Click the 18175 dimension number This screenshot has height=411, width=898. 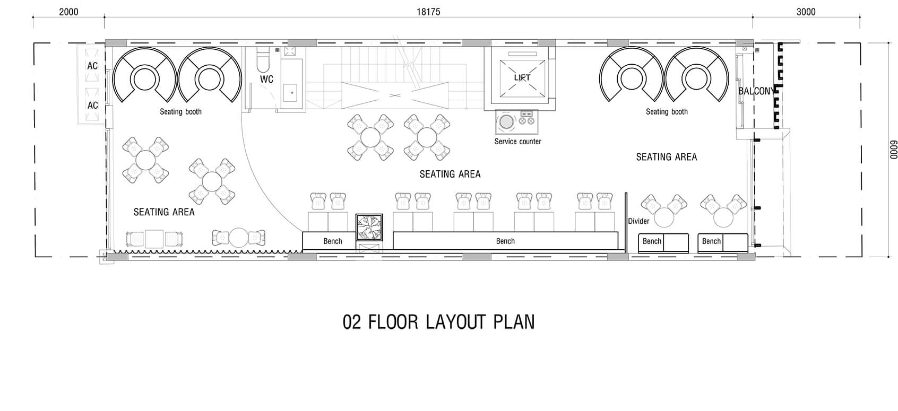pos(428,12)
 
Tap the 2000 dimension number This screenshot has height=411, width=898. pos(68,12)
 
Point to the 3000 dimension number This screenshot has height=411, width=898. pos(806,12)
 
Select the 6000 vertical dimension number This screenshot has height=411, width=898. pos(894,150)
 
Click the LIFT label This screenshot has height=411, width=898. pos(522,77)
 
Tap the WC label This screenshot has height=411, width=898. pos(266,80)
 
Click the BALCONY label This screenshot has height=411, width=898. pos(756,91)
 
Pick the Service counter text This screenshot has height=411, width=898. pos(517,142)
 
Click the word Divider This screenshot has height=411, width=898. pos(638,221)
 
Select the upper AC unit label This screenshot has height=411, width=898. pos(92,66)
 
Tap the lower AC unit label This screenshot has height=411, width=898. pos(92,106)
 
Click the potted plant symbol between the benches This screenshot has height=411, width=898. pos(369,227)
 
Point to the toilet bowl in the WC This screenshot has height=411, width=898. pos(263,60)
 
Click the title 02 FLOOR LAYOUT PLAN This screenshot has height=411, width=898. pos(438,322)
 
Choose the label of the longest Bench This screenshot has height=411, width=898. pos(505,241)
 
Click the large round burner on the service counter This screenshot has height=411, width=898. pos(506,122)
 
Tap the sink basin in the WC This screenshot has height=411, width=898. pos(290,93)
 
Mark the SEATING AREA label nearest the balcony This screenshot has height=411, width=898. pos(666,157)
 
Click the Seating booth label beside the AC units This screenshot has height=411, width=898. pos(180,112)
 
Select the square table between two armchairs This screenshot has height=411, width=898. pos(154,239)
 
